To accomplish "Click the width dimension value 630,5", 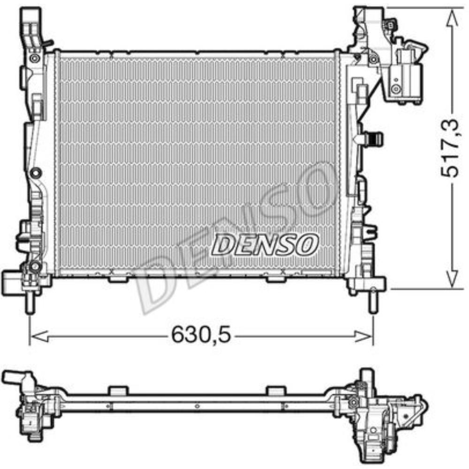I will (x=201, y=335).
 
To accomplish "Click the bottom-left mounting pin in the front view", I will (x=30, y=302).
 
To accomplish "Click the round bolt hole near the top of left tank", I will (x=34, y=59).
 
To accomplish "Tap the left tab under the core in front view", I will (x=117, y=280).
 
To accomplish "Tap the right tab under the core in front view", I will (x=274, y=280).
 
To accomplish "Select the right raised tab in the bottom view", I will (x=275, y=391).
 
